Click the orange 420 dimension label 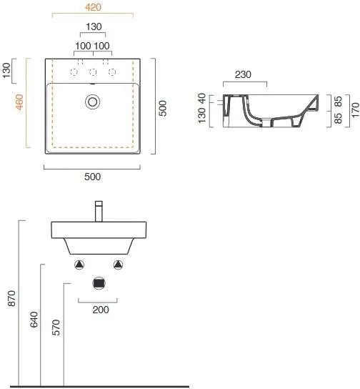pyautogui.click(x=93, y=7)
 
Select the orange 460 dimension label pyautogui.click(x=19, y=102)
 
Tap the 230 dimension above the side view pyautogui.click(x=243, y=74)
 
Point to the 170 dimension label pyautogui.click(x=355, y=110)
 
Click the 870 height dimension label pyautogui.click(x=12, y=298)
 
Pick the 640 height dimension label pyautogui.click(x=34, y=320)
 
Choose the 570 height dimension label pyautogui.click(x=56, y=328)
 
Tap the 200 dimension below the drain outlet pyautogui.click(x=101, y=310)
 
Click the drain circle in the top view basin pyautogui.click(x=93, y=102)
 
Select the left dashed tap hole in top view pyautogui.click(x=74, y=72)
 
